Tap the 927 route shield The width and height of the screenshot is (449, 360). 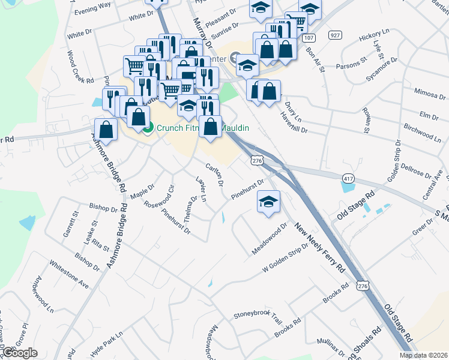[334, 36]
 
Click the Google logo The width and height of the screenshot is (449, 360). [20, 353]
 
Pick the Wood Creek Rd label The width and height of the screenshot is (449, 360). [80, 67]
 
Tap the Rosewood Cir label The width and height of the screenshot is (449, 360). [158, 196]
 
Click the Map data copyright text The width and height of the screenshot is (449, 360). [422, 355]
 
